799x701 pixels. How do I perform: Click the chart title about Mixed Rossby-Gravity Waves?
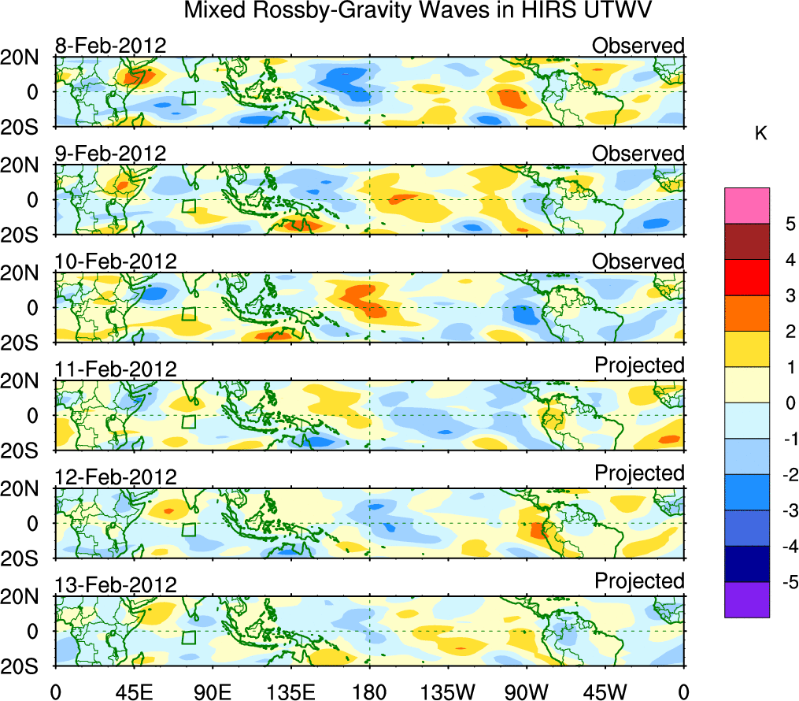418,12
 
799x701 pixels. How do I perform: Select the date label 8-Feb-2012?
110,46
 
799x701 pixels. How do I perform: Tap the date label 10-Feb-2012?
116,261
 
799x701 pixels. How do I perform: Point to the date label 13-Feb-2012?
116,584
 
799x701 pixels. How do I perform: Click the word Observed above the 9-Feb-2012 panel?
638,154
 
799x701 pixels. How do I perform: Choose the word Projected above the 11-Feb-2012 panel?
639,365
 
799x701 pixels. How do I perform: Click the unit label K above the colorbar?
760,134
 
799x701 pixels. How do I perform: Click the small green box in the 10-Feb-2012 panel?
188,313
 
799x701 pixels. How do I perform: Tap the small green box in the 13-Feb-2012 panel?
188,637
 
